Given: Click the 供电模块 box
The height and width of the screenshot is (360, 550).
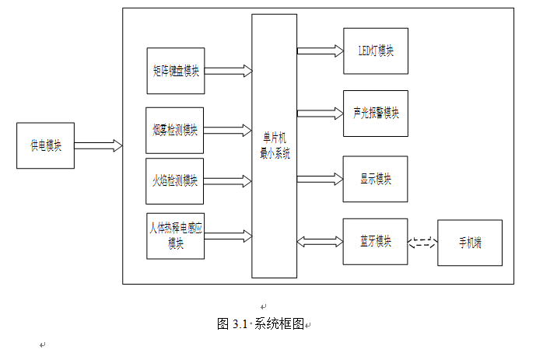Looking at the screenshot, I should point(45,145).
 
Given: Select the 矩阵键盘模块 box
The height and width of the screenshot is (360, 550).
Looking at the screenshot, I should point(175,71).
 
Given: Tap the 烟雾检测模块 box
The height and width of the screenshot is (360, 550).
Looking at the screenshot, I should point(175,130).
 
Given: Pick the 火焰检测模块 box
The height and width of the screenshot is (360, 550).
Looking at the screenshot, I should point(175,181).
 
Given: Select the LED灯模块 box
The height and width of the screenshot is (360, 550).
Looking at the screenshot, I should point(375,51).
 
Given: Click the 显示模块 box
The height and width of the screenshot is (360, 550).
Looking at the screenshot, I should point(375,179).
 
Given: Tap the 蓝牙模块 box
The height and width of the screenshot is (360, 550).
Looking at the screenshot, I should point(375,242).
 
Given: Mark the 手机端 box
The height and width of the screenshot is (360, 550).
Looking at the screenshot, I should point(469,243).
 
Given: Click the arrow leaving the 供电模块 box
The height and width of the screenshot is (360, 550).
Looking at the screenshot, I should point(98,145).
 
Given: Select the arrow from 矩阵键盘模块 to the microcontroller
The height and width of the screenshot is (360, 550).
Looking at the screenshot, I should point(228,71).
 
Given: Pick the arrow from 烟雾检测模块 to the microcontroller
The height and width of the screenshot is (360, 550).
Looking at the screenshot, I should point(228,130).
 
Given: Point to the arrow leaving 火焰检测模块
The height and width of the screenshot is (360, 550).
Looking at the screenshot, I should point(228,181).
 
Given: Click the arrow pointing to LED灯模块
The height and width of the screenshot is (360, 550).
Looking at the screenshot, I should point(320,51).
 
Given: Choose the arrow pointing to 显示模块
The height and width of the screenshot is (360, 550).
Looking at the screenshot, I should point(320,179).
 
